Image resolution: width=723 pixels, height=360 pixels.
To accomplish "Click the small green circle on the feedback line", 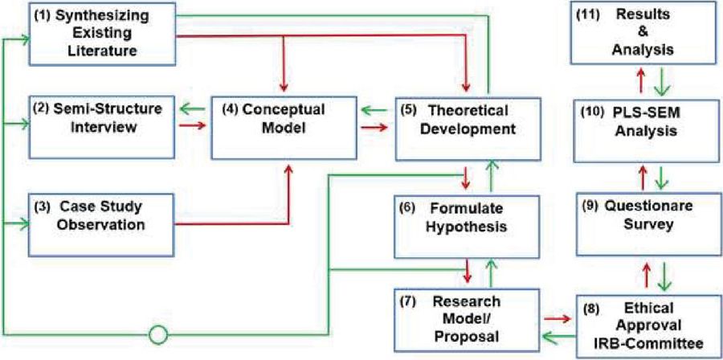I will tap(158, 333).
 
